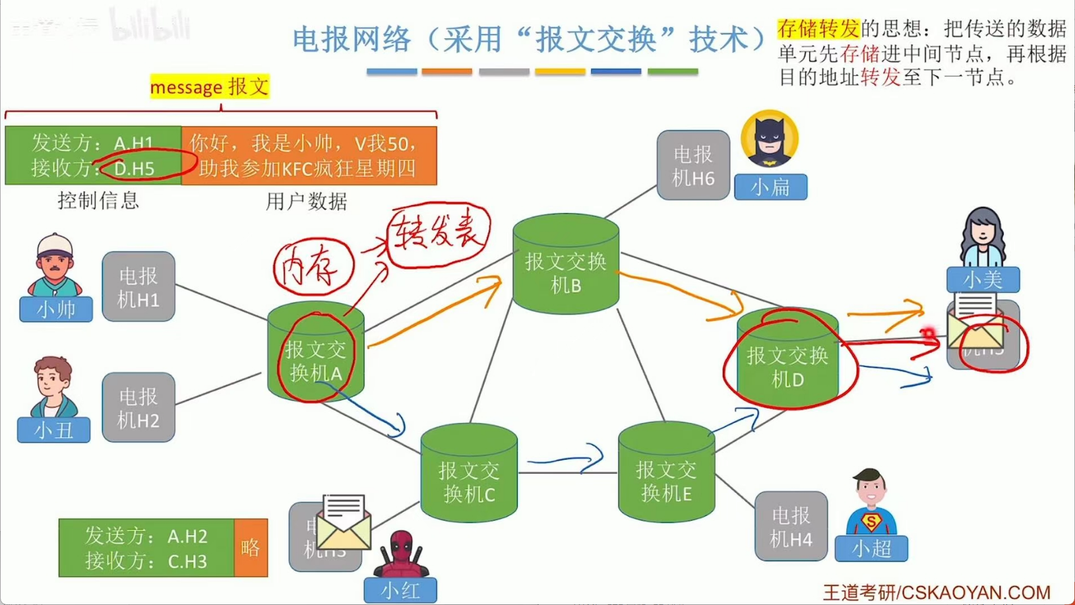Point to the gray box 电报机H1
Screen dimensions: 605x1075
click(138, 286)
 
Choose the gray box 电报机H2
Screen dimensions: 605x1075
click(138, 407)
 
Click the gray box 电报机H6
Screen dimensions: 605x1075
click(693, 165)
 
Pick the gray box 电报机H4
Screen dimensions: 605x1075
click(791, 526)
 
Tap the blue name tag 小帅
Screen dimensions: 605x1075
click(56, 309)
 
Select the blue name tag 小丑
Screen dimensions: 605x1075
click(54, 430)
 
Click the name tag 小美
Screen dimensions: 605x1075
click(983, 279)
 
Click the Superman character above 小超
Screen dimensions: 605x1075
click(871, 501)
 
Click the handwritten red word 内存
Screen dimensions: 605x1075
click(313, 267)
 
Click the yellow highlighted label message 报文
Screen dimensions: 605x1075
click(210, 86)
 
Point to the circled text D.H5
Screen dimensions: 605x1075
click(135, 168)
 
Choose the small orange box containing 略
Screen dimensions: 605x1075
click(251, 548)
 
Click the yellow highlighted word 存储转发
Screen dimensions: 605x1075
click(818, 28)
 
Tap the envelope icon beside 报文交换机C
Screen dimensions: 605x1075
click(344, 522)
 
